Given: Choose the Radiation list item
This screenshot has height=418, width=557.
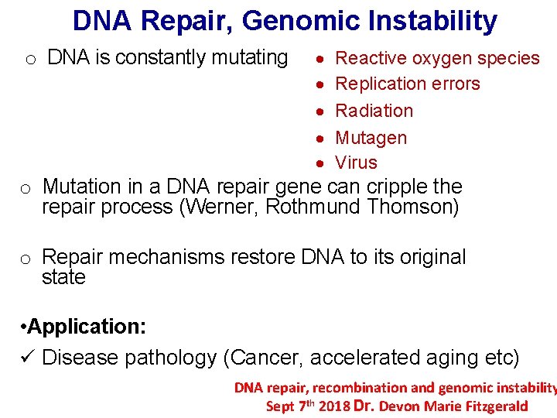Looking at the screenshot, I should (374, 111).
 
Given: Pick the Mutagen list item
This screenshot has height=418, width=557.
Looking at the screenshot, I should (371, 138).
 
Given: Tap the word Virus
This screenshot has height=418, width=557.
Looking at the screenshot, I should (356, 163).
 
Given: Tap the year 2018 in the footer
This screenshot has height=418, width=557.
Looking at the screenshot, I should (333, 406).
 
